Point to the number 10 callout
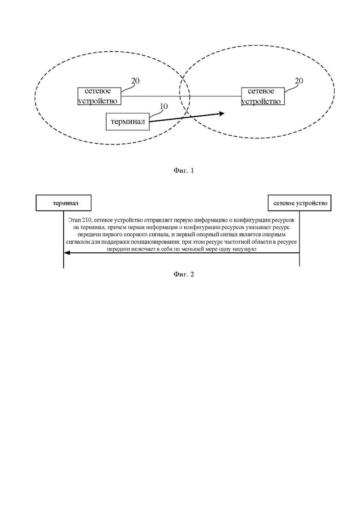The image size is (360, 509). point(163,107)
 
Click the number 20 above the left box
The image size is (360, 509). point(135,81)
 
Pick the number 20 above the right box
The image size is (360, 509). point(299,81)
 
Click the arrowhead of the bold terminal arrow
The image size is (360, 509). point(222,114)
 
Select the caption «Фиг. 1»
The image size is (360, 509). point(184,170)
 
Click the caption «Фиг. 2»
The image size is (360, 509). point(184,274)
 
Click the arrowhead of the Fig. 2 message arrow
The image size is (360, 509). point(66,253)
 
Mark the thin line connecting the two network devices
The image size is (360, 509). point(181,96)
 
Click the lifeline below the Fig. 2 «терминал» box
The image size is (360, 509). point(64,240)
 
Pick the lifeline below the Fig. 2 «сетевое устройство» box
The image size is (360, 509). point(299,239)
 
